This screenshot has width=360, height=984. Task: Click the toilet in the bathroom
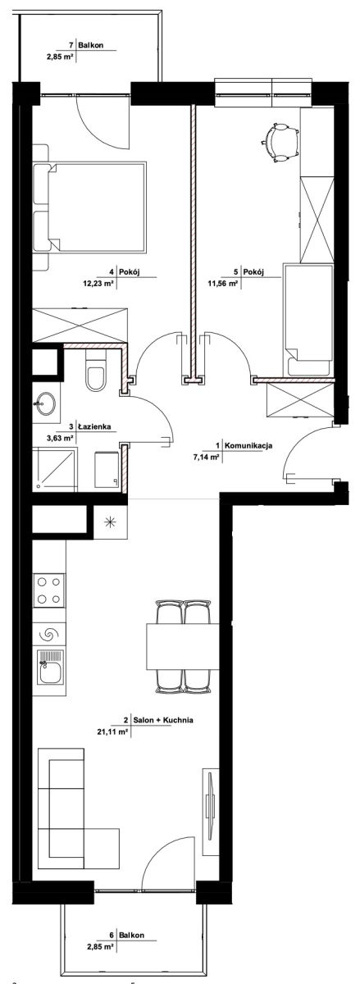click(x=95, y=372)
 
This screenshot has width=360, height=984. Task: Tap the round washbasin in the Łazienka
click(x=45, y=403)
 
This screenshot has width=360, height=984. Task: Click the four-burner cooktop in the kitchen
click(x=48, y=590)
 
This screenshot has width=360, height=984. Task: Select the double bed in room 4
click(x=89, y=207)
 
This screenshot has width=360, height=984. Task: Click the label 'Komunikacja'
click(x=248, y=445)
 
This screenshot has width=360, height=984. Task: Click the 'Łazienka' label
click(x=94, y=426)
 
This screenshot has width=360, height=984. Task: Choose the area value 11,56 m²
click(x=223, y=284)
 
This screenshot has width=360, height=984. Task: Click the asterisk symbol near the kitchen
click(x=110, y=522)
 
